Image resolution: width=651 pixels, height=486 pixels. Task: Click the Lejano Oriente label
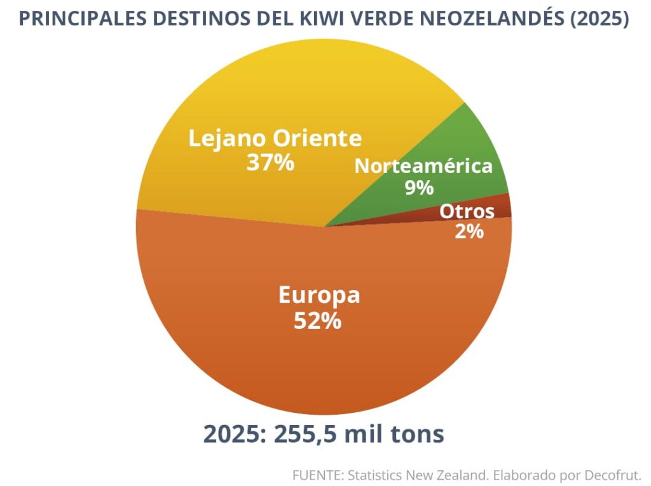click(275, 138)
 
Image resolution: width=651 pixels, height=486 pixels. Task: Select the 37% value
click(270, 163)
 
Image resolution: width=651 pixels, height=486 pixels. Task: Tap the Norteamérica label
click(423, 166)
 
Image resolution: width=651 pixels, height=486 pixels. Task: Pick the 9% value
click(419, 188)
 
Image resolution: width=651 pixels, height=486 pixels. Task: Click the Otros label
click(467, 211)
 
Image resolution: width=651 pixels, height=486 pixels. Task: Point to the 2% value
click(469, 232)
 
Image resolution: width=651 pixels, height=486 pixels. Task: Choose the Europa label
click(319, 295)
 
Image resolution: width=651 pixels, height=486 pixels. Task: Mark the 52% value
click(317, 321)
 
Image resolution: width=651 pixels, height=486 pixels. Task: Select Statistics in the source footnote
click(376, 475)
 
